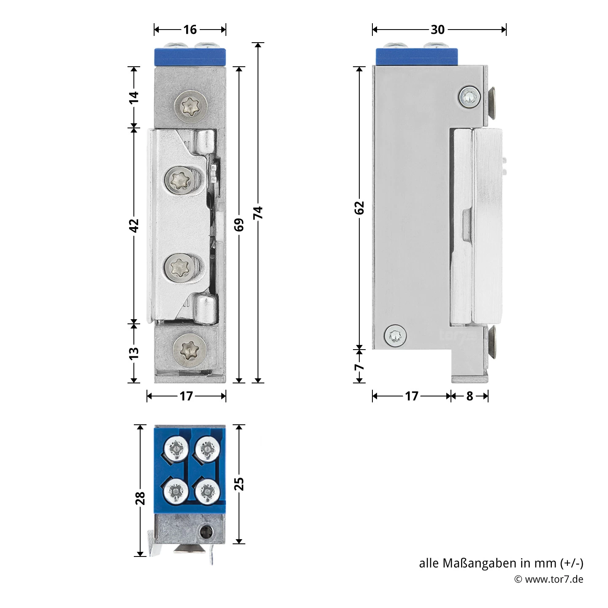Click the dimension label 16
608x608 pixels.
(190, 30)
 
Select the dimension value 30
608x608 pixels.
(438, 30)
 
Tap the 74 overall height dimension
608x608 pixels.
(258, 212)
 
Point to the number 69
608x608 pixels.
(239, 225)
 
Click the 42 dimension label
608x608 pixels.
(134, 225)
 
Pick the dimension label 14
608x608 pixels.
(134, 97)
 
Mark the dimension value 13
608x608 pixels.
(134, 353)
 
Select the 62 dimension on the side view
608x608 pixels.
(359, 208)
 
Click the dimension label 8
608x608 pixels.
(470, 396)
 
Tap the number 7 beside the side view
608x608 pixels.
(359, 367)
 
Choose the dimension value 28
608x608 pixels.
(140, 498)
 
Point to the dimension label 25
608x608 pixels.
(239, 484)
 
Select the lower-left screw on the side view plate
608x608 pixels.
(395, 336)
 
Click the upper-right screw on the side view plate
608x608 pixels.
(470, 98)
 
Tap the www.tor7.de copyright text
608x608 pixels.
(549, 579)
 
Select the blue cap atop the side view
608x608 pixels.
(416, 57)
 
